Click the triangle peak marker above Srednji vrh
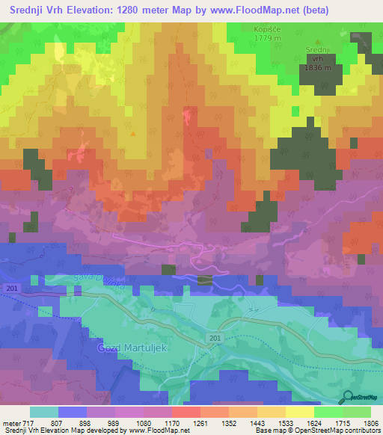[x=319, y=42]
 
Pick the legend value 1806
[x=362, y=422]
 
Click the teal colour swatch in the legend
[x=43, y=412]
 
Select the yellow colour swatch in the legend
[x=299, y=412]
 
